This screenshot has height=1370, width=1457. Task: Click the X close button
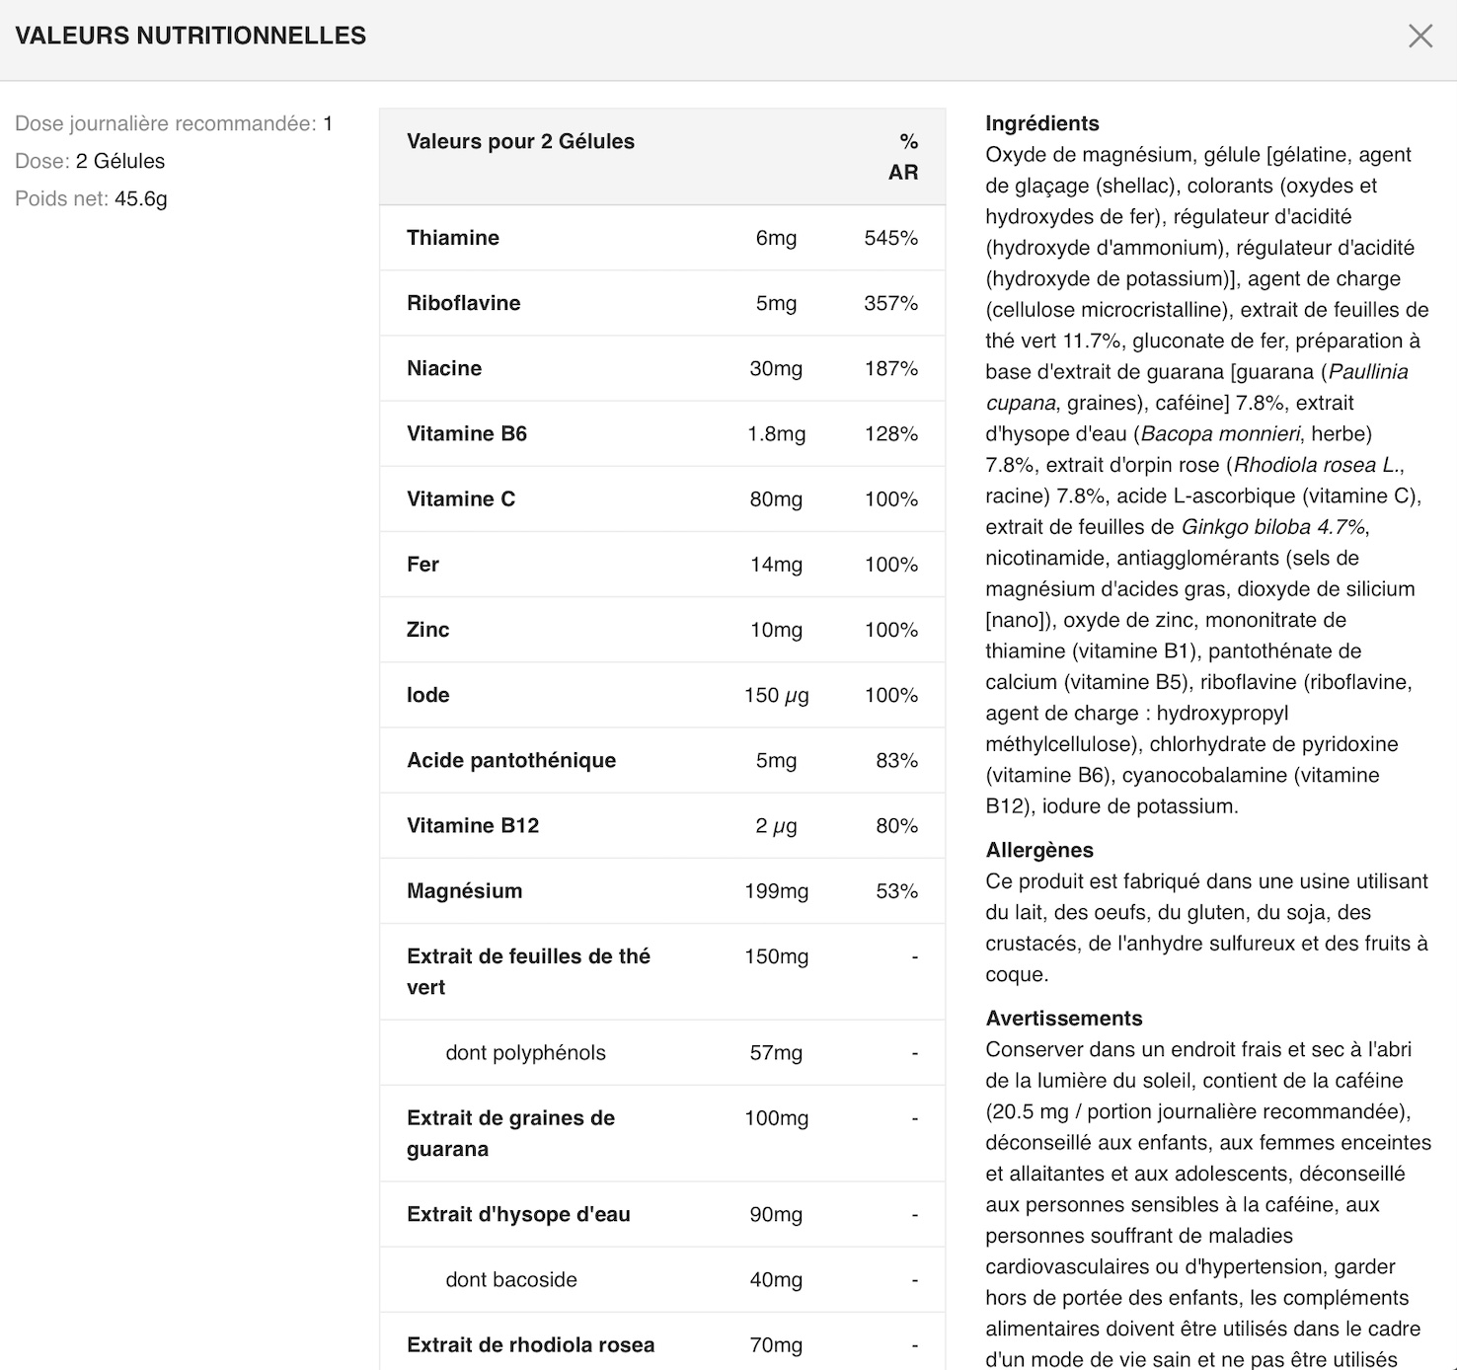coord(1419,37)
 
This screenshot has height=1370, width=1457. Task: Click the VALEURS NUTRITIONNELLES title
coord(191,36)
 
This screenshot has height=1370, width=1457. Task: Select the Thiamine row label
coord(453,238)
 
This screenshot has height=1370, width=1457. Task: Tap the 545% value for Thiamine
coord(890,238)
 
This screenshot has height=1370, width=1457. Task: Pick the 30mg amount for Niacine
coord(776,368)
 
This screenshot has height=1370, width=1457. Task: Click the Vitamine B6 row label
coord(467,433)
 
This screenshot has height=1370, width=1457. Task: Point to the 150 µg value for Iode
coord(776,695)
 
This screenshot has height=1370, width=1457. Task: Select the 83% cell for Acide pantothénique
coord(896,760)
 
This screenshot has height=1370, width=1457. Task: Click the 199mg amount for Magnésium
coord(776,891)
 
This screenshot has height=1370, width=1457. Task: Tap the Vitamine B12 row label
coord(473,825)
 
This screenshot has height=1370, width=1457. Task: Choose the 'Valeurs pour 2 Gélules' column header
coord(520,141)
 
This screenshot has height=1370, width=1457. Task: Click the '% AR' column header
coord(904,157)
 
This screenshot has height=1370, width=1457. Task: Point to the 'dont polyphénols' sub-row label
coord(525,1053)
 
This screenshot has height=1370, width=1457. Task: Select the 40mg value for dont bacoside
coord(776,1280)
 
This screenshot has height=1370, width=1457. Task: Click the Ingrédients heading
coord(1041,123)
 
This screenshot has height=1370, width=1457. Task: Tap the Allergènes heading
coord(1039,850)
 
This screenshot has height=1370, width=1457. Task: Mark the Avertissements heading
coord(1063,1019)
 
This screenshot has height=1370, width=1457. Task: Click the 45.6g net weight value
coord(141,198)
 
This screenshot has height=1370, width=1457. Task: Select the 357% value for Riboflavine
coord(890,303)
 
